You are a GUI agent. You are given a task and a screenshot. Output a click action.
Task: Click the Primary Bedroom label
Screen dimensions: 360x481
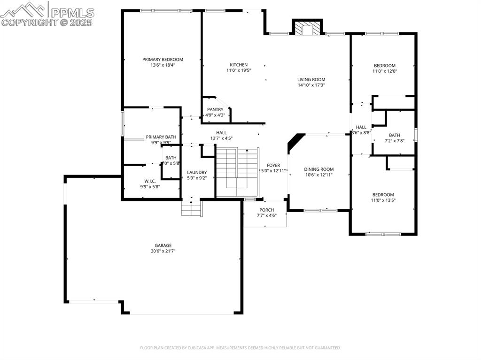pyautogui.click(x=163, y=60)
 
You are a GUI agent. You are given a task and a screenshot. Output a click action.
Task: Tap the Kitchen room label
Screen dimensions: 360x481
pyautogui.click(x=238, y=65)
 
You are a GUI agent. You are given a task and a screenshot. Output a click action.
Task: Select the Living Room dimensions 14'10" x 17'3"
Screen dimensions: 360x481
pyautogui.click(x=311, y=85)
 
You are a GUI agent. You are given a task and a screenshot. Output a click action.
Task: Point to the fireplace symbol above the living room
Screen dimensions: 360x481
pyautogui.click(x=308, y=28)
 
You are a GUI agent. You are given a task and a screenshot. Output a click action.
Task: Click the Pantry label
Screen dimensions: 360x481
pyautogui.click(x=215, y=109)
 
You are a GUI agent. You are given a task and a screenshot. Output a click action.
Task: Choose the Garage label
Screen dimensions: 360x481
pyautogui.click(x=163, y=245)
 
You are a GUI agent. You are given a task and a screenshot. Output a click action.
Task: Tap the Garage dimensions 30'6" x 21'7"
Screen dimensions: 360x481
pyautogui.click(x=163, y=251)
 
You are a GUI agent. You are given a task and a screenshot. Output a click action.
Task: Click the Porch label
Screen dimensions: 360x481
pyautogui.click(x=266, y=210)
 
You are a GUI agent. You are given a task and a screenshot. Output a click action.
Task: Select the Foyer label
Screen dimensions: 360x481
pyautogui.click(x=273, y=165)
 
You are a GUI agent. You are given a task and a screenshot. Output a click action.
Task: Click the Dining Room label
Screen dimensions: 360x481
pyautogui.click(x=318, y=169)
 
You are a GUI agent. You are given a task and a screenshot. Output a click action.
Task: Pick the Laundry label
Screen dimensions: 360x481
pyautogui.click(x=197, y=172)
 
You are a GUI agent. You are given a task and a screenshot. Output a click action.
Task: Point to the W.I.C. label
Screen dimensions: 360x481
pyautogui.click(x=150, y=181)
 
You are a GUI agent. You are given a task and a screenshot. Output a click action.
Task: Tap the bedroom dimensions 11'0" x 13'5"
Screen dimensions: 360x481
pyautogui.click(x=383, y=200)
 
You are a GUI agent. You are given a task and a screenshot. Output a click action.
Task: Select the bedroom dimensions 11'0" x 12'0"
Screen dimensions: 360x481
pyautogui.click(x=384, y=71)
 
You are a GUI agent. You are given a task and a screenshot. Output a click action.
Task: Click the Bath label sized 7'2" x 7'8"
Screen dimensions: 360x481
pyautogui.click(x=394, y=135)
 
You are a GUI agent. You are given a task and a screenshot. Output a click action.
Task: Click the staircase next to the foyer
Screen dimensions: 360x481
pyautogui.click(x=237, y=170)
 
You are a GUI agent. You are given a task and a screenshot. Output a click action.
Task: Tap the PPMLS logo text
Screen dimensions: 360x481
pyautogui.click(x=72, y=13)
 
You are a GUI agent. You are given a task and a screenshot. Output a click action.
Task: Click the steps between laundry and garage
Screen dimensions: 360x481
pyautogui.click(x=192, y=208)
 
